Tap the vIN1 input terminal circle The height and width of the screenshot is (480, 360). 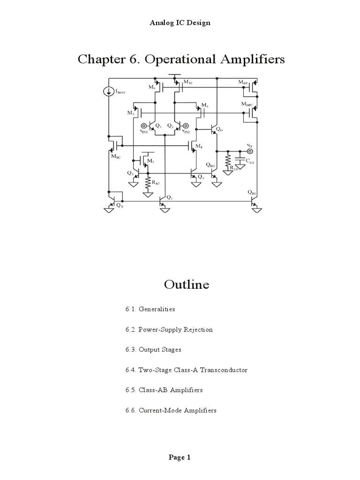pyautogui.click(x=144, y=126)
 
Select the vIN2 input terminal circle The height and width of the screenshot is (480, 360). pyautogui.click(x=186, y=126)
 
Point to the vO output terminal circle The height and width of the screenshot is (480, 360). pyautogui.click(x=250, y=151)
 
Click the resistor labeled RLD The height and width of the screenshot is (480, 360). pyautogui.click(x=228, y=161)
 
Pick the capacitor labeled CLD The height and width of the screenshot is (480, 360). pyautogui.click(x=240, y=161)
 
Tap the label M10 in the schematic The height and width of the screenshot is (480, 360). pyautogui.click(x=187, y=82)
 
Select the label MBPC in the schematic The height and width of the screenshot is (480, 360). pyautogui.click(x=247, y=104)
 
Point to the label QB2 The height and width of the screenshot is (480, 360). pyautogui.click(x=253, y=192)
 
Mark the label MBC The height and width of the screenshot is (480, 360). pyautogui.click(x=116, y=157)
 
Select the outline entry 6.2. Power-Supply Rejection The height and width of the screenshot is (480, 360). pyautogui.click(x=169, y=330)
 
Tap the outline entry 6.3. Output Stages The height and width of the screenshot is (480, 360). pyautogui.click(x=153, y=350)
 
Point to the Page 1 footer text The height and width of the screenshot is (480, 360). pyautogui.click(x=180, y=458)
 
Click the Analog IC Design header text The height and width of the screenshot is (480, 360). pyautogui.click(x=180, y=22)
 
